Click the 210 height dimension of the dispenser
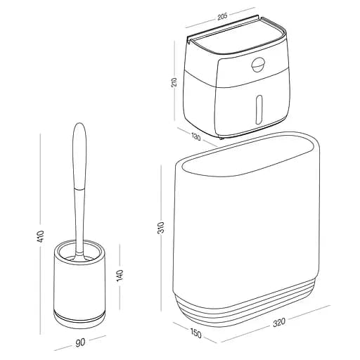coord(175,82)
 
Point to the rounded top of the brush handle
coord(79,134)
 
